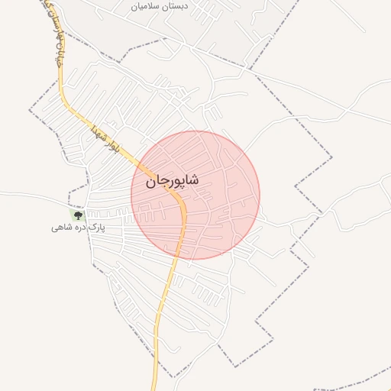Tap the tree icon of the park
pos(77,216)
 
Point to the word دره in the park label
pos(77,228)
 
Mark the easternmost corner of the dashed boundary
pos(333,158)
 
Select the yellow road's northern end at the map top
pos(48,2)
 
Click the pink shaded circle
pos(221,221)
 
